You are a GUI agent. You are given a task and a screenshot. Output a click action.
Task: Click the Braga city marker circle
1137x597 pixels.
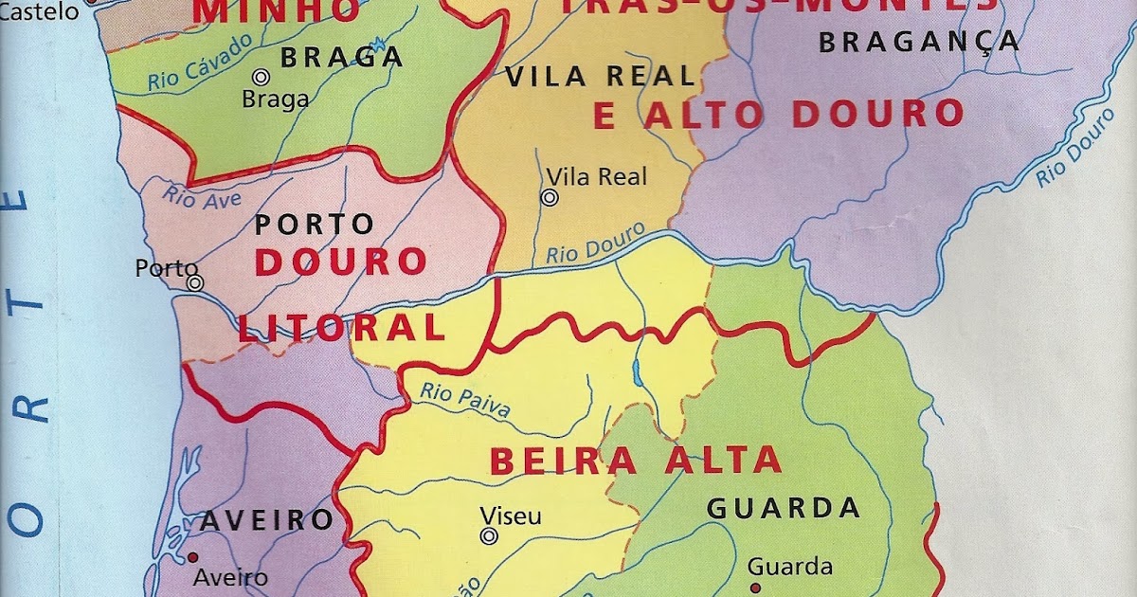point(261,78)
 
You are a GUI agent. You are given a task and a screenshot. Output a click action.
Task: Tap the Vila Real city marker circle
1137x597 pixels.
point(549,197)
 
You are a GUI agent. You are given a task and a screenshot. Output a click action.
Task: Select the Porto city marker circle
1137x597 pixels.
point(195,282)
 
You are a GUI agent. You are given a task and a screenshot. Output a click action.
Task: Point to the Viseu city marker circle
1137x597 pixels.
point(489,536)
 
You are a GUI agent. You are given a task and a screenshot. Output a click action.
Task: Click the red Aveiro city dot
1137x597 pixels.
point(193,557)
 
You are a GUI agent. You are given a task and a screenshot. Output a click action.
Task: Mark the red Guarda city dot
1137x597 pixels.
point(755,588)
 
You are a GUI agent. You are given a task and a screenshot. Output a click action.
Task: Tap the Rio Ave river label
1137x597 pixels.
point(202,195)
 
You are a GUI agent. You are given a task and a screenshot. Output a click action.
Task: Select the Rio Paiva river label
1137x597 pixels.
point(464,401)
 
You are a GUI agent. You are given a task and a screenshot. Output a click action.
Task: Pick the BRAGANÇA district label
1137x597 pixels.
point(919,42)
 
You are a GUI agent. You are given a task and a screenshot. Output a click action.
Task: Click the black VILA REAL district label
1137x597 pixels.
point(600,76)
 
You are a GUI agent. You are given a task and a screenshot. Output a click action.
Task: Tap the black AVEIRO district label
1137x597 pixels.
point(266,519)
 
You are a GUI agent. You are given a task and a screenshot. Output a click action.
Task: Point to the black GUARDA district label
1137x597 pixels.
point(784,508)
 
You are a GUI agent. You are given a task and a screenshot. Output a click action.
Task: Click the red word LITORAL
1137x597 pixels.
point(341,328)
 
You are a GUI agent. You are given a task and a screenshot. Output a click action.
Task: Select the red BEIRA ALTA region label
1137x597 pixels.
point(636,461)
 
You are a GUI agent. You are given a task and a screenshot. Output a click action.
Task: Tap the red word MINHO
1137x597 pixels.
point(277,11)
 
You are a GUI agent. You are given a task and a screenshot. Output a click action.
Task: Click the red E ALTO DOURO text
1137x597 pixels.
point(778,115)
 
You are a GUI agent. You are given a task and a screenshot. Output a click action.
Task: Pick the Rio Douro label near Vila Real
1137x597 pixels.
point(595,244)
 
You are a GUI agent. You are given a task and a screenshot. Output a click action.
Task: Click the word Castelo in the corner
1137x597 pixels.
point(27,11)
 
